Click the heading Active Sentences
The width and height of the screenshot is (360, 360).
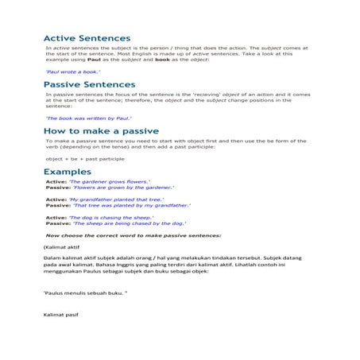click(87, 38)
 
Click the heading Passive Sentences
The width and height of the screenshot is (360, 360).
click(89, 84)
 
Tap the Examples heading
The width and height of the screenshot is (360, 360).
click(67, 172)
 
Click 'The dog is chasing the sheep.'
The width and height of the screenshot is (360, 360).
click(110, 217)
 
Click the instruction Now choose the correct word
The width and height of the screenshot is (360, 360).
click(134, 235)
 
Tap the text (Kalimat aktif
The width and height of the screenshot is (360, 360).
click(62, 248)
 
